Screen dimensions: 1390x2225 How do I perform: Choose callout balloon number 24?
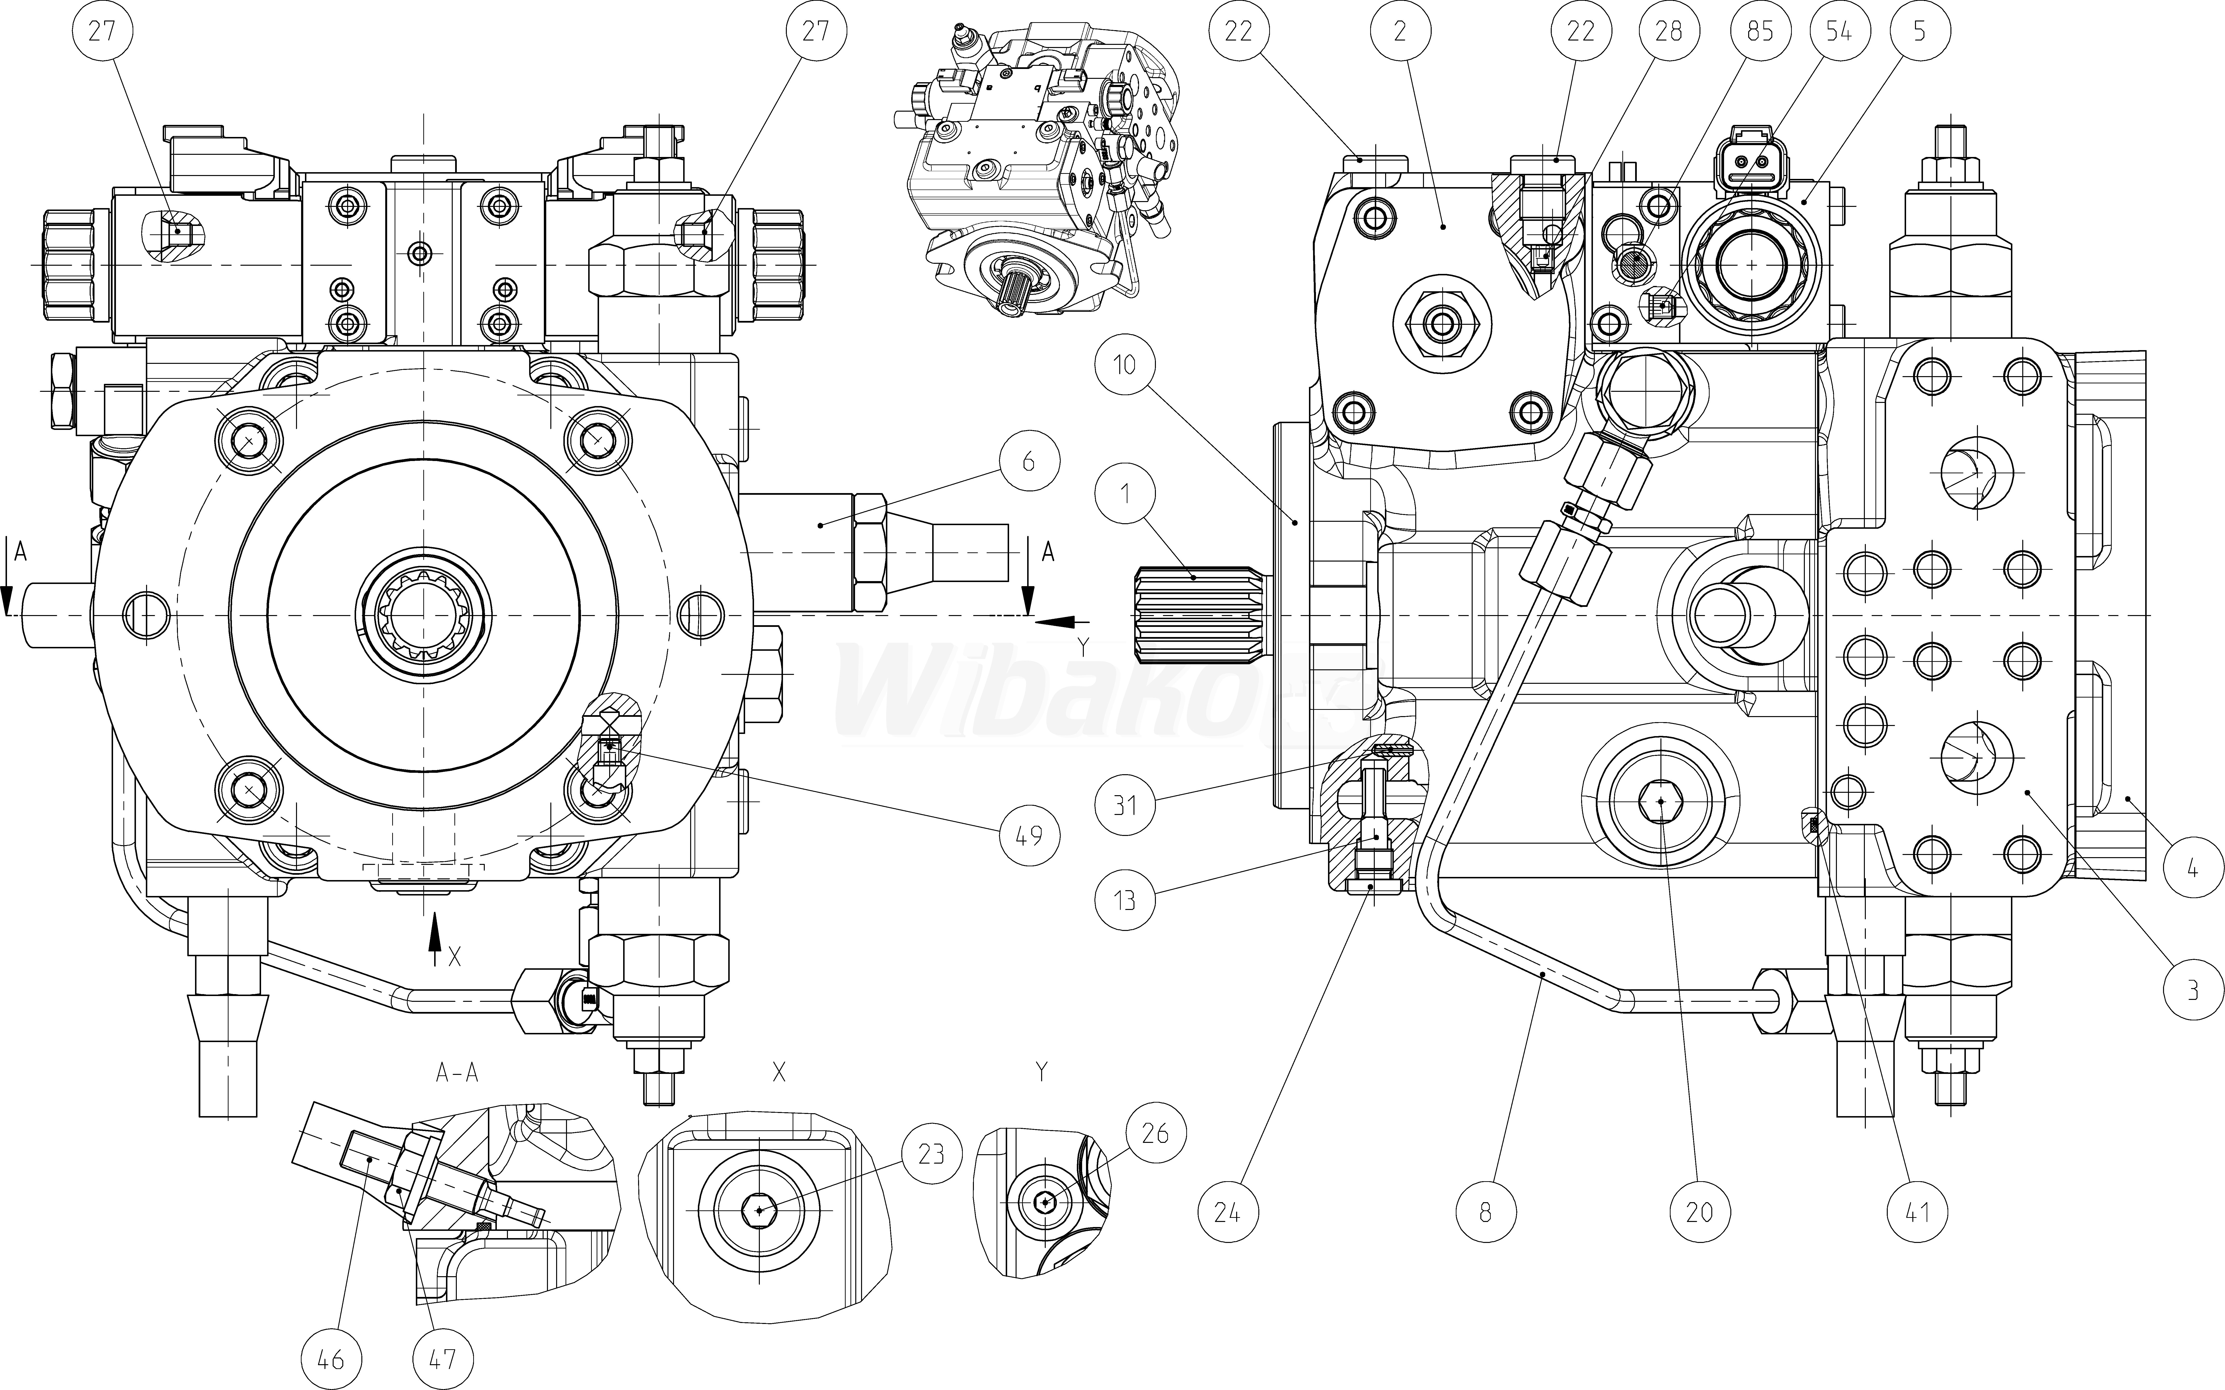pos(1227,1213)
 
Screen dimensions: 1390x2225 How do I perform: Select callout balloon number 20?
pos(1699,1213)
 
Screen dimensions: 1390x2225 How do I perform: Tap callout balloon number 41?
pos(1915,1213)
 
